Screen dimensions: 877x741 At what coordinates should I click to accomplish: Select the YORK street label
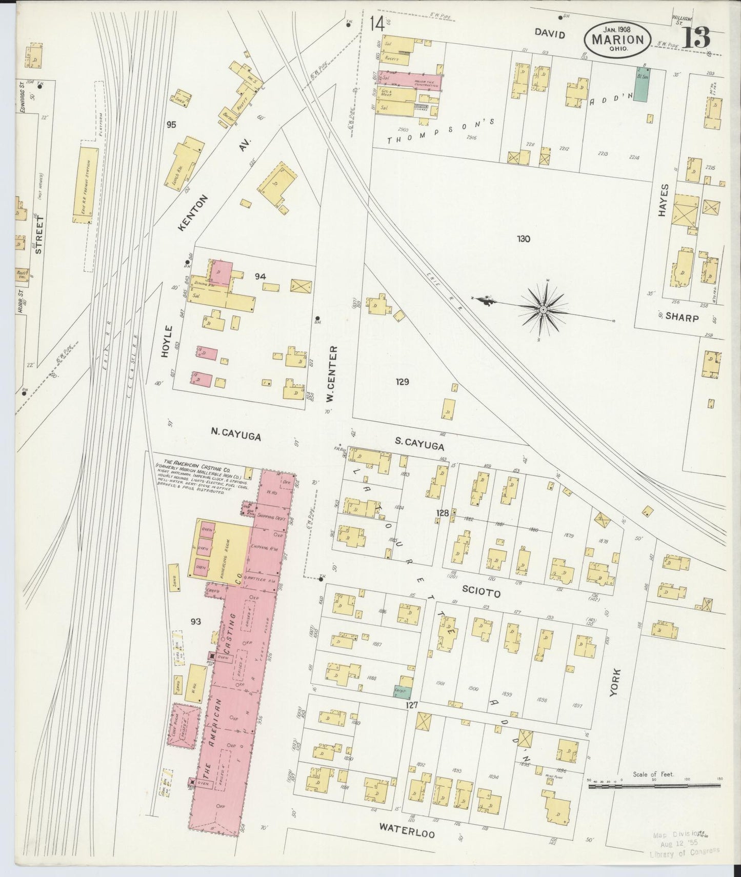(x=615, y=683)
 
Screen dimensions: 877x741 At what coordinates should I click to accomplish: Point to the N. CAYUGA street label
(x=236, y=436)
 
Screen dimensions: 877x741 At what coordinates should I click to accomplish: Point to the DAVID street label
(x=550, y=34)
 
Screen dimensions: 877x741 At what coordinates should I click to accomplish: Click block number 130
(x=523, y=238)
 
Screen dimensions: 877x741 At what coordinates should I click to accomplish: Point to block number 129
(x=402, y=382)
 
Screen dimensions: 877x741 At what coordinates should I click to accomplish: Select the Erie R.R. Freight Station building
(x=89, y=185)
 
